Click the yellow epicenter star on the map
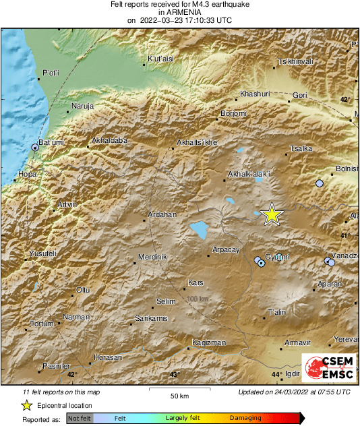[271, 214]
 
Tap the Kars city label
[196, 282]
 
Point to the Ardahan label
[162, 214]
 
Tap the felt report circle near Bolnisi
[320, 183]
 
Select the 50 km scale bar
[179, 390]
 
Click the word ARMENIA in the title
[180, 12]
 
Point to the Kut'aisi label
[161, 59]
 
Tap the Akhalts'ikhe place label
[196, 143]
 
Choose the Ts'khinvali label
[295, 62]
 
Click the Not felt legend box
[80, 419]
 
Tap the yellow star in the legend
[26, 405]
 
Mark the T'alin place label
[277, 313]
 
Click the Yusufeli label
[42, 253]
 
